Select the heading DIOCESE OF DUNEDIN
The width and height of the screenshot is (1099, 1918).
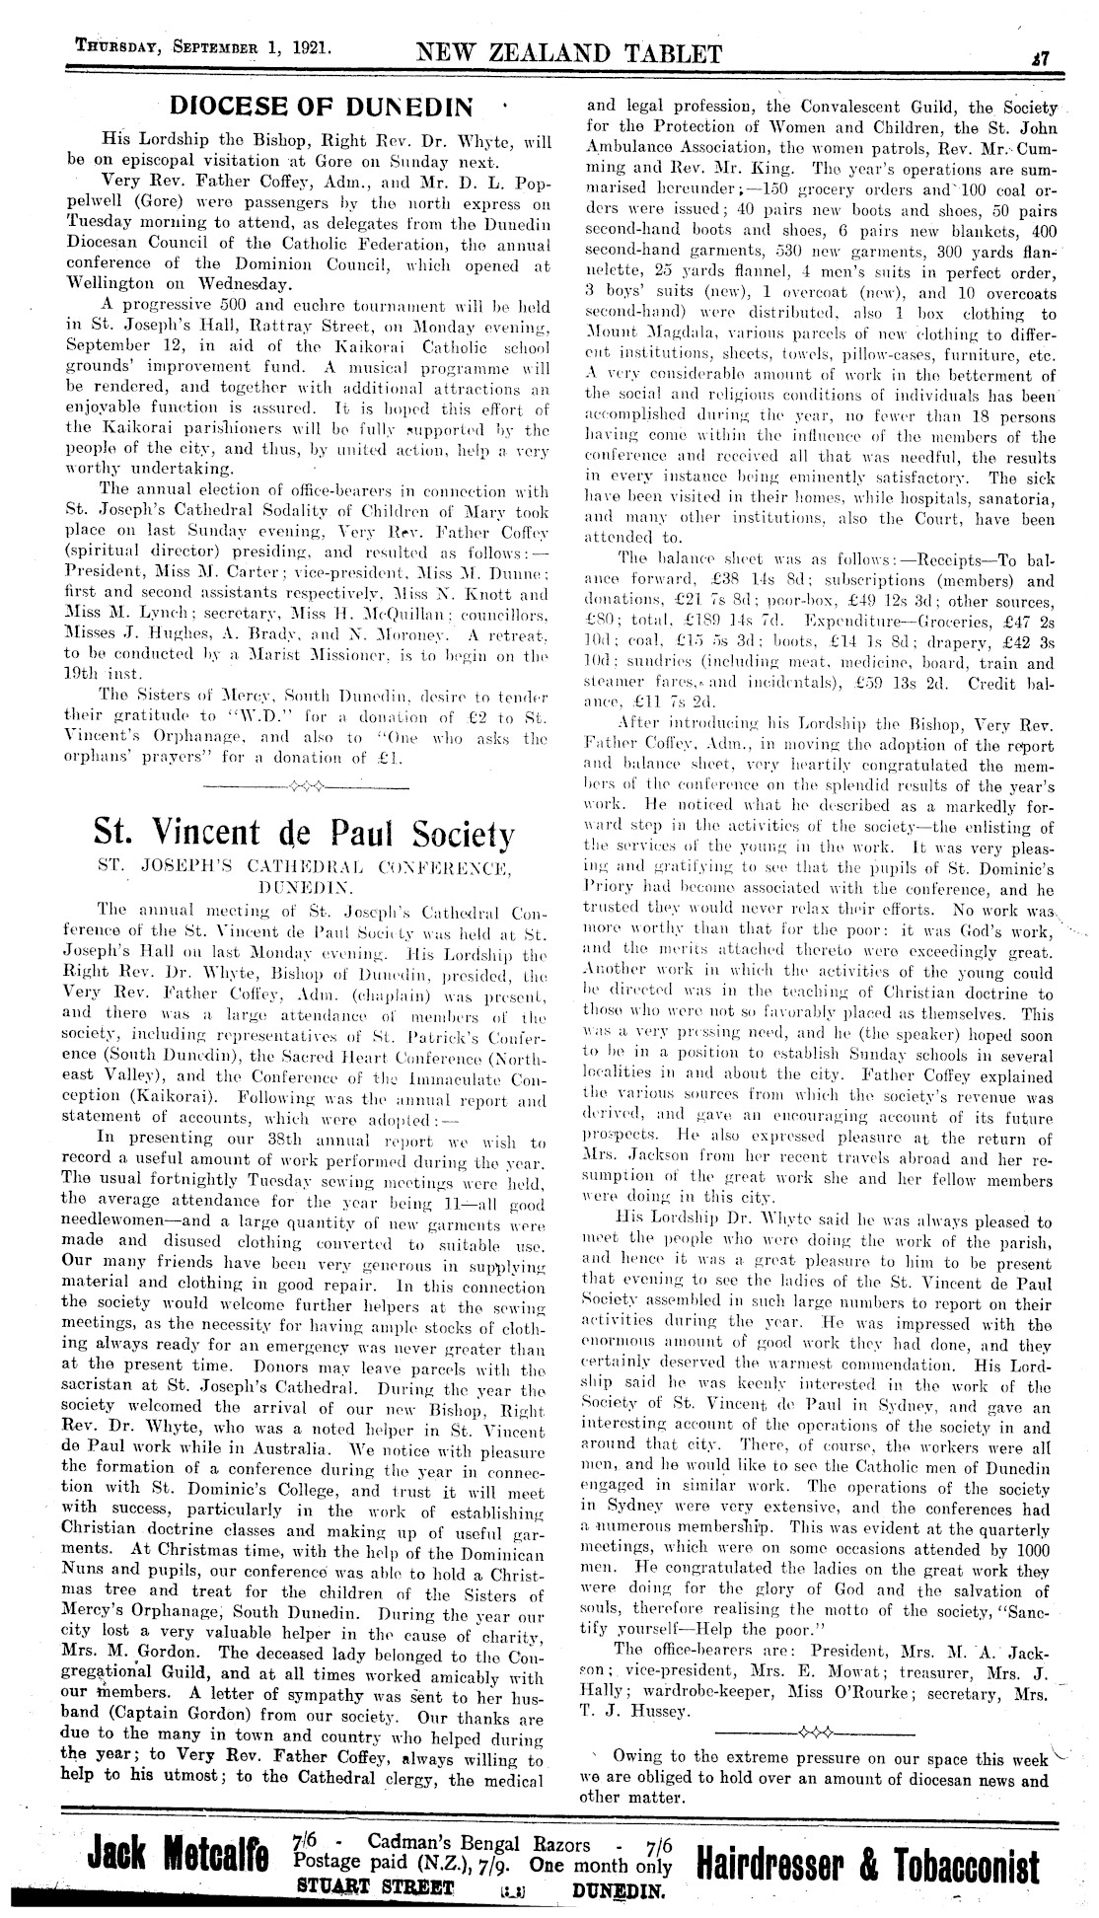click(321, 106)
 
